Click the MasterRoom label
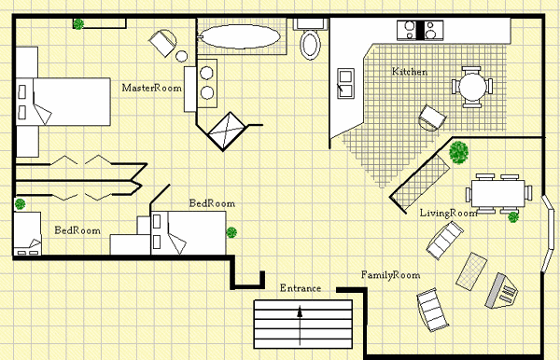coord(152,88)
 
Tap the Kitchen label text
coord(410,72)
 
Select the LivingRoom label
coord(448,214)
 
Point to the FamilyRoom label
coord(390,275)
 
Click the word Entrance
coord(301,288)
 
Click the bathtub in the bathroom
coord(240,36)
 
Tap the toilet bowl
coord(310,45)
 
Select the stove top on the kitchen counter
coord(420,30)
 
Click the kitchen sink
coord(345,83)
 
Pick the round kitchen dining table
coord(472,87)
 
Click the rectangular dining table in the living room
coord(498,194)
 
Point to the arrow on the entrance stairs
coord(300,325)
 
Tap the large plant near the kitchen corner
coord(458,153)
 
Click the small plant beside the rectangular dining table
coord(513,217)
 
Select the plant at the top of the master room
coord(78,24)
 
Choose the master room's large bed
coord(63,102)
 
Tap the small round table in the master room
coord(181,56)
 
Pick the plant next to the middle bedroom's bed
coord(231,232)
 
